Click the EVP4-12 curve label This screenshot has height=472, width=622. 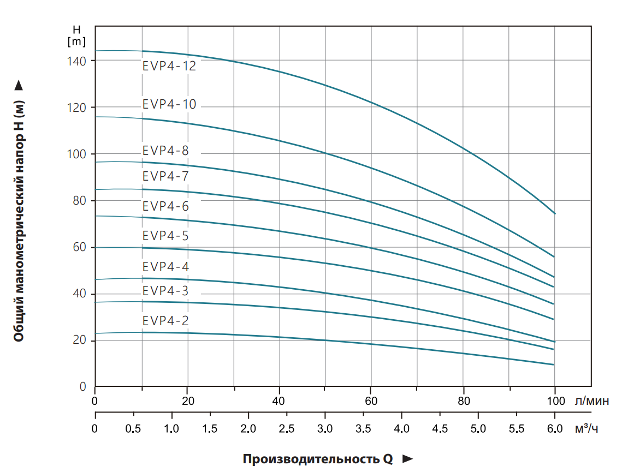click(x=169, y=66)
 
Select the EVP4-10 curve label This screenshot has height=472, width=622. click(x=169, y=104)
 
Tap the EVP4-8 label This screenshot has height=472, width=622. click(x=165, y=151)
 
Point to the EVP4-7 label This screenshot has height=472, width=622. click(x=165, y=176)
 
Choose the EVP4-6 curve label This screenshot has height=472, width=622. click(x=165, y=206)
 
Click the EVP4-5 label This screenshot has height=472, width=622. click(x=165, y=236)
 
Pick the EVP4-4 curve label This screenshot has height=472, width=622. click(x=165, y=267)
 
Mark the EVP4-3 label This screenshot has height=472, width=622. click(x=165, y=291)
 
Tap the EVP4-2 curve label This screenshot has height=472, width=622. click(x=165, y=320)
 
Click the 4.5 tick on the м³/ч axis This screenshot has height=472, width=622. click(x=440, y=429)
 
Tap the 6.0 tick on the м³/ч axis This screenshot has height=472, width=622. click(x=554, y=429)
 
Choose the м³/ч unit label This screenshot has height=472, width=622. click(x=587, y=428)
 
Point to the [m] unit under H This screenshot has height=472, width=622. click(x=76, y=40)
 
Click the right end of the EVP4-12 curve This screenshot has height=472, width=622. click(x=555, y=213)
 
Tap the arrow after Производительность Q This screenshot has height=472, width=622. click(x=407, y=459)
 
